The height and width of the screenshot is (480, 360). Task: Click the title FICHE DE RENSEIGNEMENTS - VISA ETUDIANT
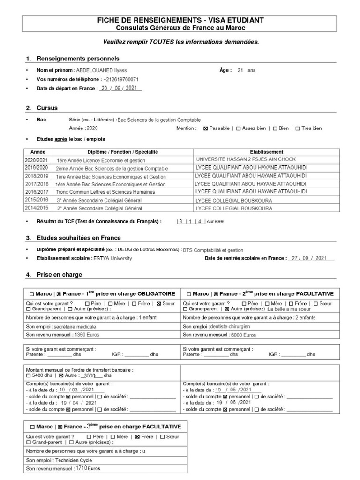180,20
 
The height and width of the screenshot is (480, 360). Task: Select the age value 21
240,70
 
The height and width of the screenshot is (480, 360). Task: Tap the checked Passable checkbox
206,128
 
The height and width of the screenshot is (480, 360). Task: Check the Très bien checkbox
298,128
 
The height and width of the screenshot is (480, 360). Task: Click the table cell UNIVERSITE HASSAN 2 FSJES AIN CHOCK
246,159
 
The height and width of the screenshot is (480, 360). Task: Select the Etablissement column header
267,152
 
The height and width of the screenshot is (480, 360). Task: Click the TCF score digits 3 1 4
190,221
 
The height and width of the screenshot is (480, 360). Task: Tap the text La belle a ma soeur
291,309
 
